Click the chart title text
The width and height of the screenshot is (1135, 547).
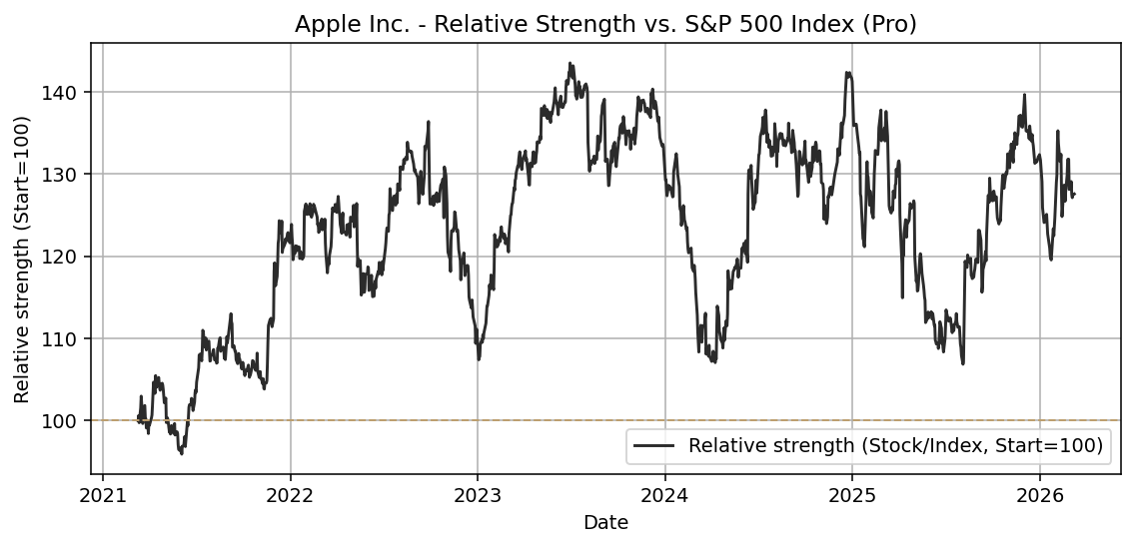[605, 24]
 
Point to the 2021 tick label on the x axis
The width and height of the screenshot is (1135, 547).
[103, 496]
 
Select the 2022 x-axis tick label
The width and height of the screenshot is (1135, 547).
[290, 496]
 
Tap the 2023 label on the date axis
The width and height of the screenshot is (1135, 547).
[478, 496]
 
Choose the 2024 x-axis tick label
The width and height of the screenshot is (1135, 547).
[664, 496]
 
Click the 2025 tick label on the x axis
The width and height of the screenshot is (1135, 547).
[851, 496]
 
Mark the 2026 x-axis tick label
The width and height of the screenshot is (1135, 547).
[1039, 496]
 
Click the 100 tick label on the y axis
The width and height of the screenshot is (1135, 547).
[66, 420]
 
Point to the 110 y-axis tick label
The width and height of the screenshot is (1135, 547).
[66, 338]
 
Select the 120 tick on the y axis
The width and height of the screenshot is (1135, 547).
[66, 257]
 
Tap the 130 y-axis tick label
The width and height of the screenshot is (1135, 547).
[66, 174]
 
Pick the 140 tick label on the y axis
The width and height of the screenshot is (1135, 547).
[66, 92]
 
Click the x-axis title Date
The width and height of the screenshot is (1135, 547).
[605, 522]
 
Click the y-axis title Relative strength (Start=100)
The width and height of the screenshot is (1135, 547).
[22, 259]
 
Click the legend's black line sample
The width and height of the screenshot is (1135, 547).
[655, 446]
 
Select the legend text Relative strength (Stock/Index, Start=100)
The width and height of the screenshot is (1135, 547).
[895, 446]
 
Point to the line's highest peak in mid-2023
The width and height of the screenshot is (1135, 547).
[569, 63]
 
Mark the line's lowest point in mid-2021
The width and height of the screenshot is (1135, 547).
[181, 453]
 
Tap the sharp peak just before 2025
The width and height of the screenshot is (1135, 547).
[847, 72]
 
